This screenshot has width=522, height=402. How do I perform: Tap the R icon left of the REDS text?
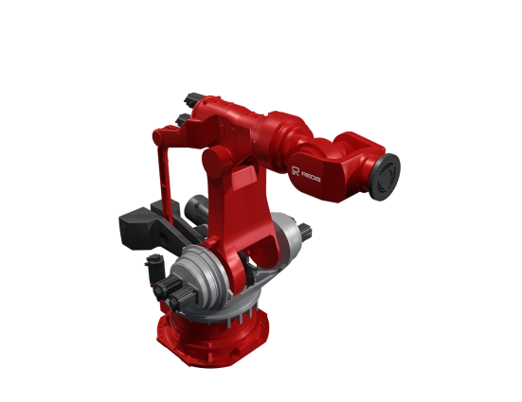point(296,169)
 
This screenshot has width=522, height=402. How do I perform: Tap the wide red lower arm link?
point(249,218)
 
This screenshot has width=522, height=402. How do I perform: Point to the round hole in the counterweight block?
point(152,256)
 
